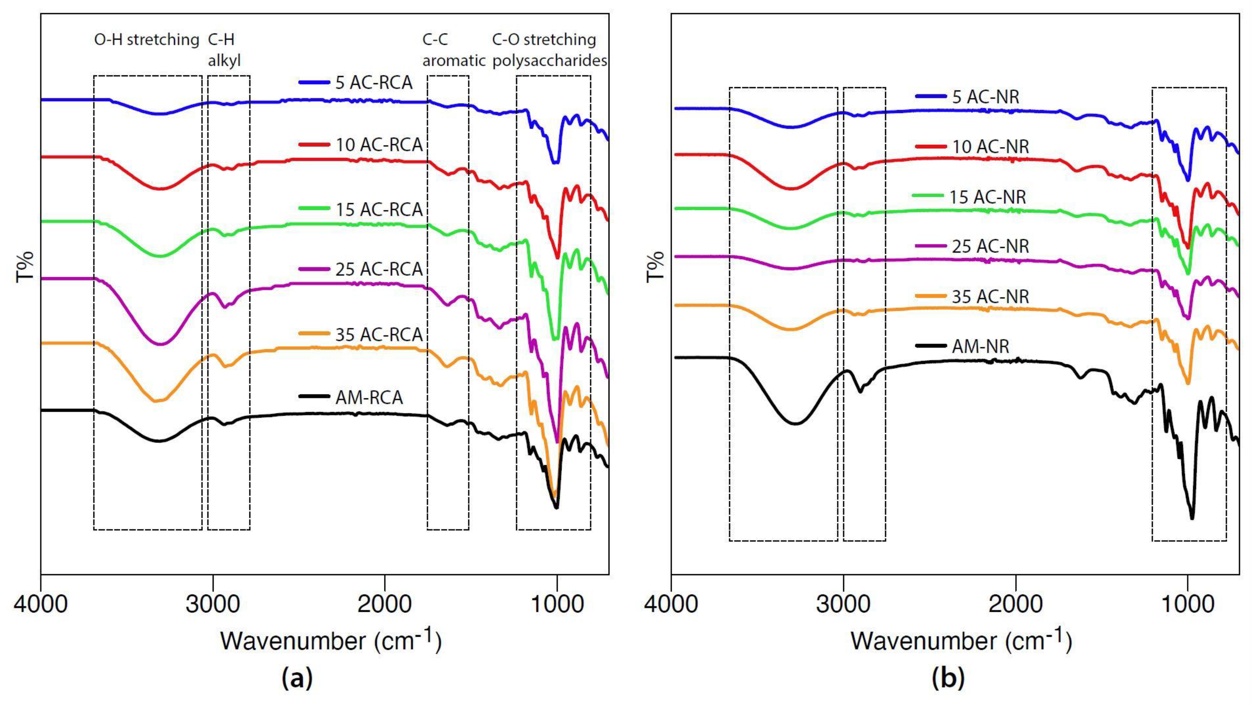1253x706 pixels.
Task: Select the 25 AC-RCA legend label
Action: (x=379, y=269)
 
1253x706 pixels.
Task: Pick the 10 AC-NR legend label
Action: (x=990, y=147)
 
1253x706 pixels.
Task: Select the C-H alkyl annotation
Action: (x=224, y=50)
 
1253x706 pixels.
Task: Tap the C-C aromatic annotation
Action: (x=453, y=50)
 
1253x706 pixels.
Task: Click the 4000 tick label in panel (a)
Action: (x=40, y=604)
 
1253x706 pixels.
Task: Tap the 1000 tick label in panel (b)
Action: (x=1188, y=604)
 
